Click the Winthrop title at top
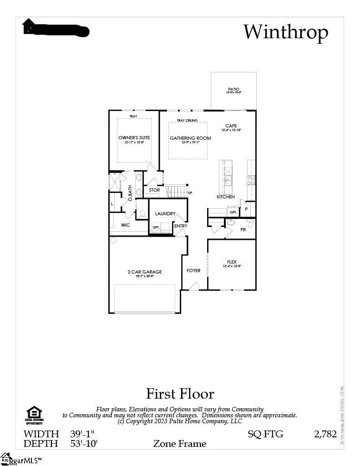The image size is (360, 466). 285,32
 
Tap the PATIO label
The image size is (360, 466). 233,89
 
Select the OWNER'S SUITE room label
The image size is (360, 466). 134,137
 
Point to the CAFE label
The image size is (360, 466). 231,126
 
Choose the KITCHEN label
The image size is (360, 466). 225,197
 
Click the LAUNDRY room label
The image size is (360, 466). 165,213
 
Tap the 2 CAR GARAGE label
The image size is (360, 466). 144,272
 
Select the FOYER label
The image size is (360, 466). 193,271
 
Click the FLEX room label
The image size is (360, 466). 232,262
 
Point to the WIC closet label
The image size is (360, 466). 126,225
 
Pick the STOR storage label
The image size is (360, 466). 154,190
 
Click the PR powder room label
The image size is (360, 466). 243,230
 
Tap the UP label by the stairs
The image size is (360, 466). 190,192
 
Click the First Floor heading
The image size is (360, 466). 180,393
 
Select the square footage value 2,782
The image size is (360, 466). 325,434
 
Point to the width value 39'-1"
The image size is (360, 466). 82,434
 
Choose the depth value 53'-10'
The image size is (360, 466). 84,443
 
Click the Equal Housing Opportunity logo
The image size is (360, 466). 34,415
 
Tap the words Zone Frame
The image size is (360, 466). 179,443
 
